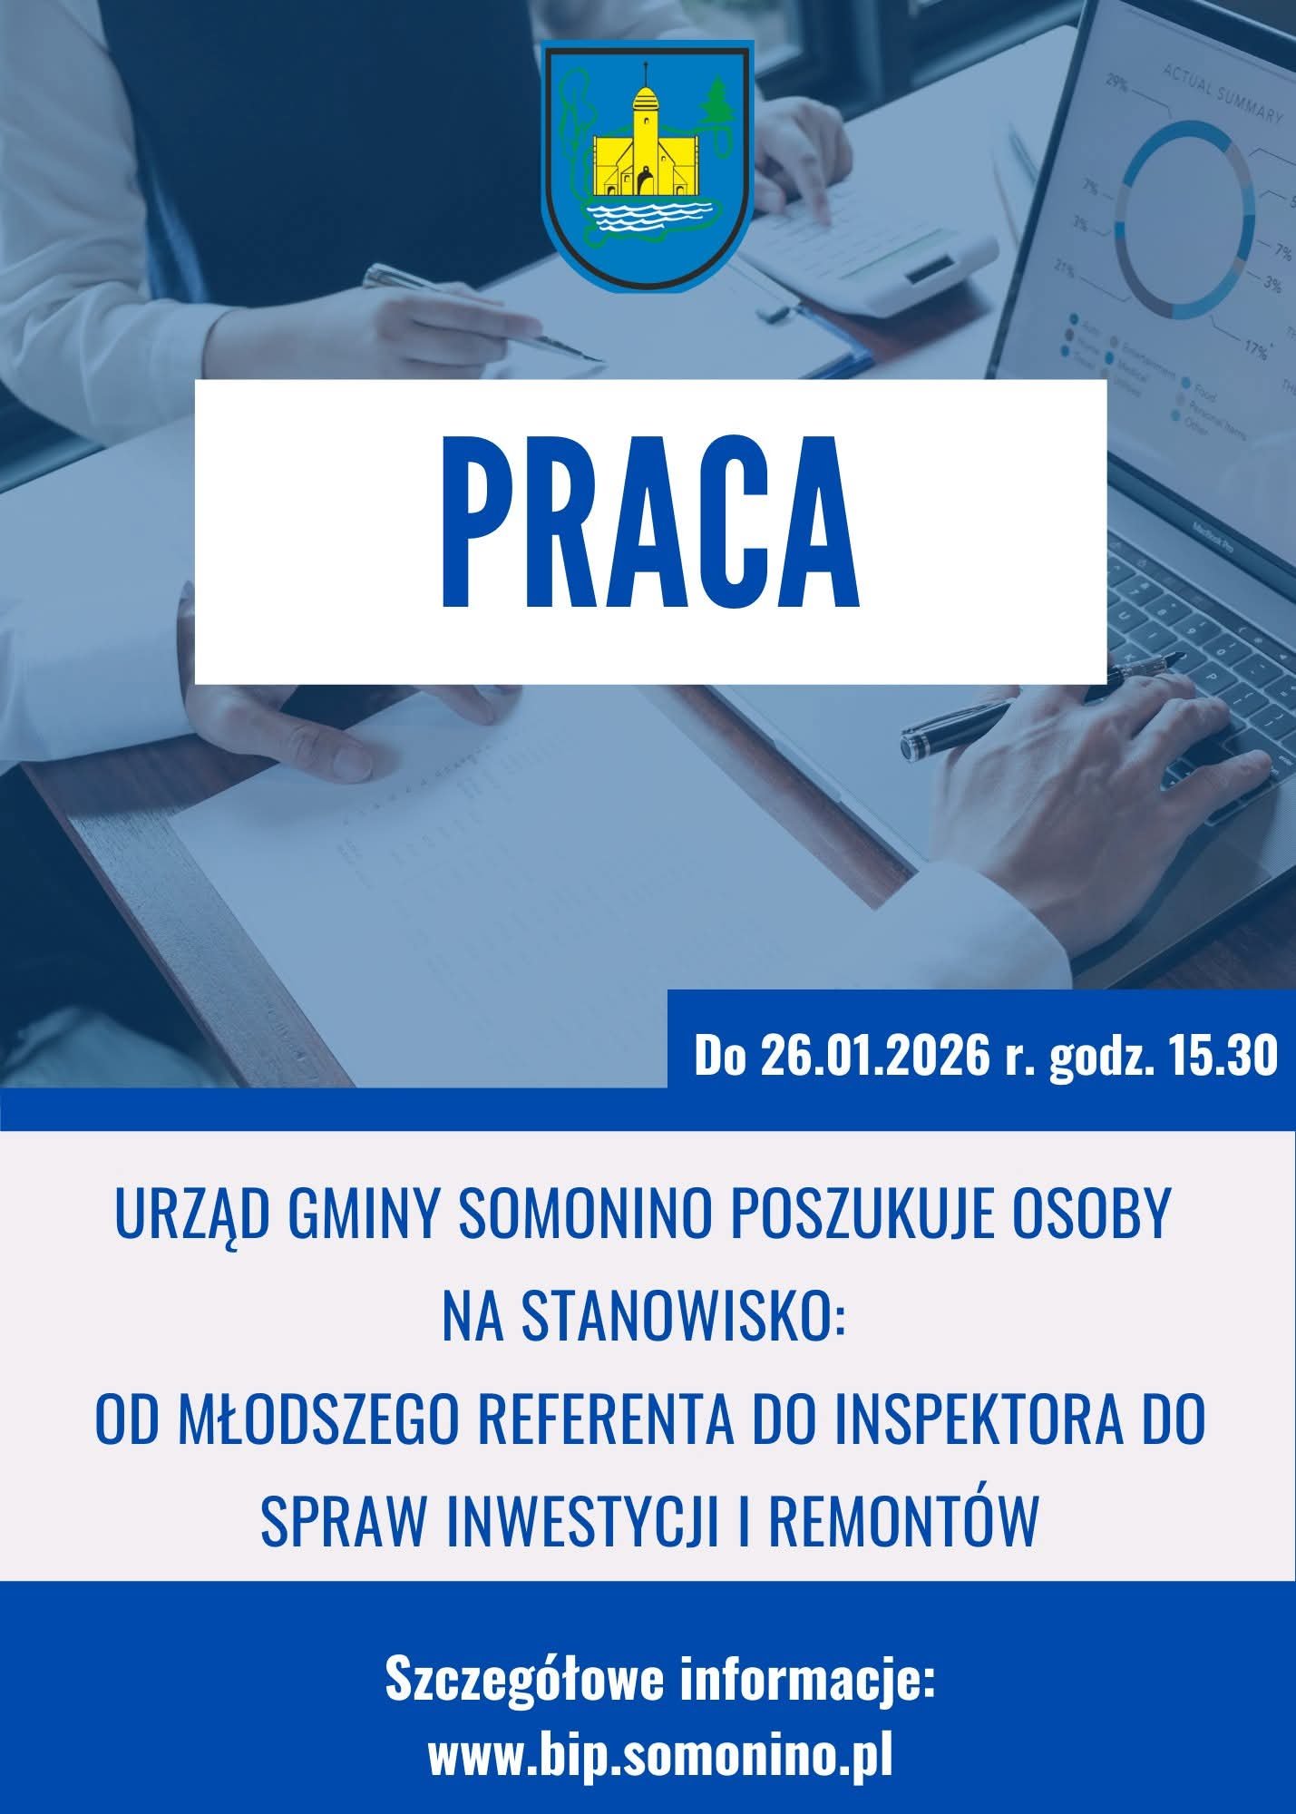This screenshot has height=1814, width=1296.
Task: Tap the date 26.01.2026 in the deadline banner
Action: [872, 1057]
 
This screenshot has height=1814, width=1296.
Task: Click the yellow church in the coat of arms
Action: [643, 145]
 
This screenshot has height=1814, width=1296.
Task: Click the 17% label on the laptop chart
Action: [1256, 348]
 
